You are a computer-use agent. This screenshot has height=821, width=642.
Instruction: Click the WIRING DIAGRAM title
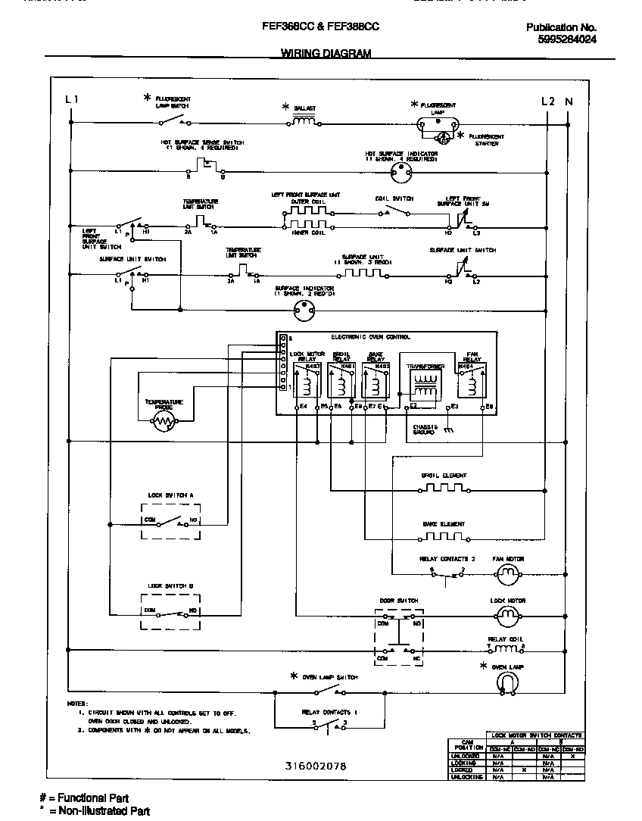coord(326,54)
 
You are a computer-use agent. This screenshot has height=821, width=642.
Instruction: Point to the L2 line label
coord(547,101)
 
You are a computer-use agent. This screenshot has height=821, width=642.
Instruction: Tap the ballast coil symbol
coord(304,120)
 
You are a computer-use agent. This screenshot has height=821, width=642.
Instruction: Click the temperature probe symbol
coord(164,424)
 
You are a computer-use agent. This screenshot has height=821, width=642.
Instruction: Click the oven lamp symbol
coord(507,683)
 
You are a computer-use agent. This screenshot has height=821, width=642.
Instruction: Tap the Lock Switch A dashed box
coord(171,520)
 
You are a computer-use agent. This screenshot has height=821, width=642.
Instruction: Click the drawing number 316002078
coord(316,766)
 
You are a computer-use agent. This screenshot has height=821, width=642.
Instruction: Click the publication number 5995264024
coord(561,40)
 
